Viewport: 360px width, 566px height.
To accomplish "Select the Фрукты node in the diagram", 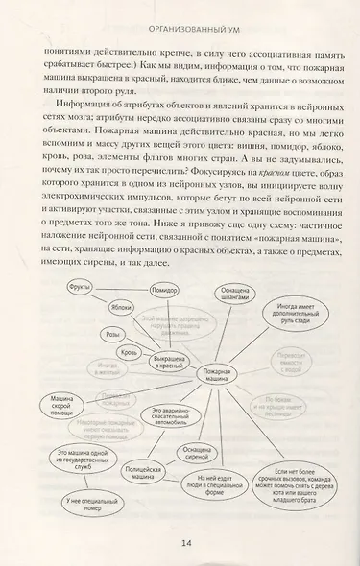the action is (x=80, y=287).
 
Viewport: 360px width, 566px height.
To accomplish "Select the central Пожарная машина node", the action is (x=218, y=374).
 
